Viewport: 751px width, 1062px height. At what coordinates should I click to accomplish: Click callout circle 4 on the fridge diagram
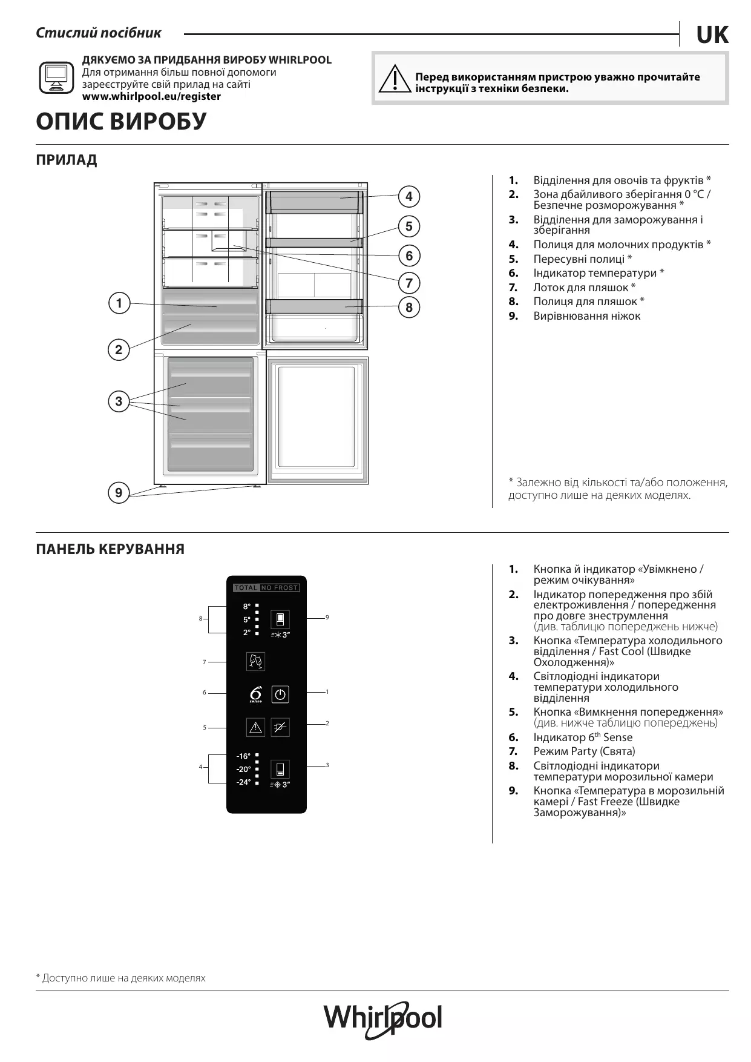409,196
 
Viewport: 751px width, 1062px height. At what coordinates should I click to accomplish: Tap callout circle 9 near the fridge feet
119,493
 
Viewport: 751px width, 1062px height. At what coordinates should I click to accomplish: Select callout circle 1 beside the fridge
119,303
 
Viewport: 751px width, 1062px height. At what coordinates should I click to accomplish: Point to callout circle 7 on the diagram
409,283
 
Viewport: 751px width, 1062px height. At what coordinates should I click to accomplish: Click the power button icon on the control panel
280,694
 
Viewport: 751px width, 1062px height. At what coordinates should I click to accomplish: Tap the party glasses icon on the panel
256,661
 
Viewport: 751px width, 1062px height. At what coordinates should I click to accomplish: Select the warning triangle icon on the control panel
256,727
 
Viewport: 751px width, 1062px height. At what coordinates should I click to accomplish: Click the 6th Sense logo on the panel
256,694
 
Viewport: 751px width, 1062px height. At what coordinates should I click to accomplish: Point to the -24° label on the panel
243,782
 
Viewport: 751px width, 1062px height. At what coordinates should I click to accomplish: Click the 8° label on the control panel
247,606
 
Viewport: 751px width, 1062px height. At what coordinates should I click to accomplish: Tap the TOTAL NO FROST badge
266,588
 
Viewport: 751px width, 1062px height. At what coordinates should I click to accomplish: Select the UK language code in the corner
712,36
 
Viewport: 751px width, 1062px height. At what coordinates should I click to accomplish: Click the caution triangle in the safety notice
394,79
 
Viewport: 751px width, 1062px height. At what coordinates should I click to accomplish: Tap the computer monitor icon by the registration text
56,78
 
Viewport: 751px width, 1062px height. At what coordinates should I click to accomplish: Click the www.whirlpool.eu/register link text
151,96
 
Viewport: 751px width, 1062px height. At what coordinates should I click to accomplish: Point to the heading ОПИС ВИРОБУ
121,122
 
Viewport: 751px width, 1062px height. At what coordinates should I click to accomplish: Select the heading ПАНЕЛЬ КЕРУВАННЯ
110,549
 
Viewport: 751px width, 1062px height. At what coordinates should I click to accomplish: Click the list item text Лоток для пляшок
584,288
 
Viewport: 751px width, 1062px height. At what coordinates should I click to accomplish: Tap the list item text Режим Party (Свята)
584,751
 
